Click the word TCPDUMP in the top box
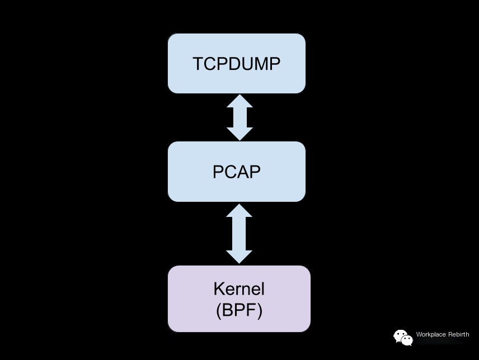(x=237, y=64)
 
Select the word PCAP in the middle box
(x=237, y=172)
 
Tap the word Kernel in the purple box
(x=239, y=288)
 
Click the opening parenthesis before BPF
(x=218, y=311)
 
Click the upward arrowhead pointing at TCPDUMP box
(x=239, y=101)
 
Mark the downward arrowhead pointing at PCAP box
(x=239, y=134)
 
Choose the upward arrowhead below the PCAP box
(x=239, y=211)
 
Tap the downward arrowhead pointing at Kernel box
(x=239, y=257)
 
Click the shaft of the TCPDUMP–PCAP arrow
(x=239, y=117)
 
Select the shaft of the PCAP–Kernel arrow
(x=239, y=234)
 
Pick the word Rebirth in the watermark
(x=459, y=334)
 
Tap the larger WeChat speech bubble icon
(x=400, y=335)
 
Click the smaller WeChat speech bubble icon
(x=407, y=340)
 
